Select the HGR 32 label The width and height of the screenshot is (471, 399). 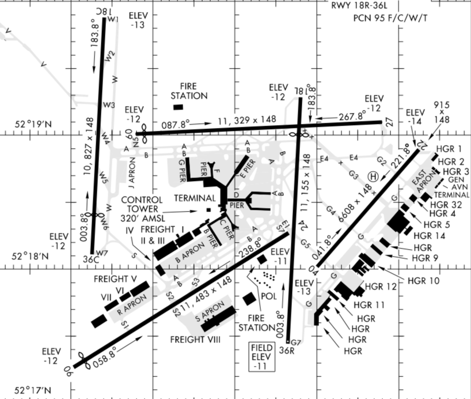(x=449, y=204)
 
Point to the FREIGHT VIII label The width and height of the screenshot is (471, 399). (x=196, y=340)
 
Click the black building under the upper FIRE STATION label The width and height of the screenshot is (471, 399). (x=178, y=107)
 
